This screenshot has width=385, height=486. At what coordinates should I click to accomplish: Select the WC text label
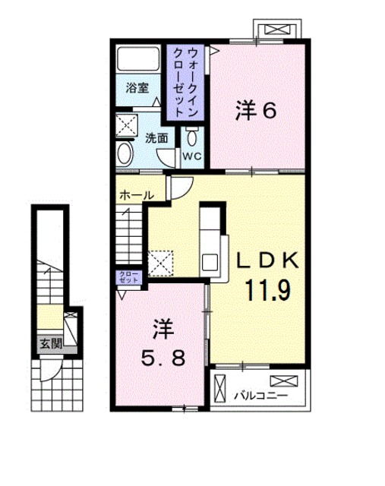click(x=191, y=156)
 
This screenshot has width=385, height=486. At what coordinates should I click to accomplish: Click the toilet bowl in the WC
click(x=191, y=137)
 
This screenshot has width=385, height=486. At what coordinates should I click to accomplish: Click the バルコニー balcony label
click(x=254, y=395)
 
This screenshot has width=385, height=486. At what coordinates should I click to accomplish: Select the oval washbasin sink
click(x=125, y=154)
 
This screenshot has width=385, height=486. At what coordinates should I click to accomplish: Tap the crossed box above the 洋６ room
click(x=276, y=30)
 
